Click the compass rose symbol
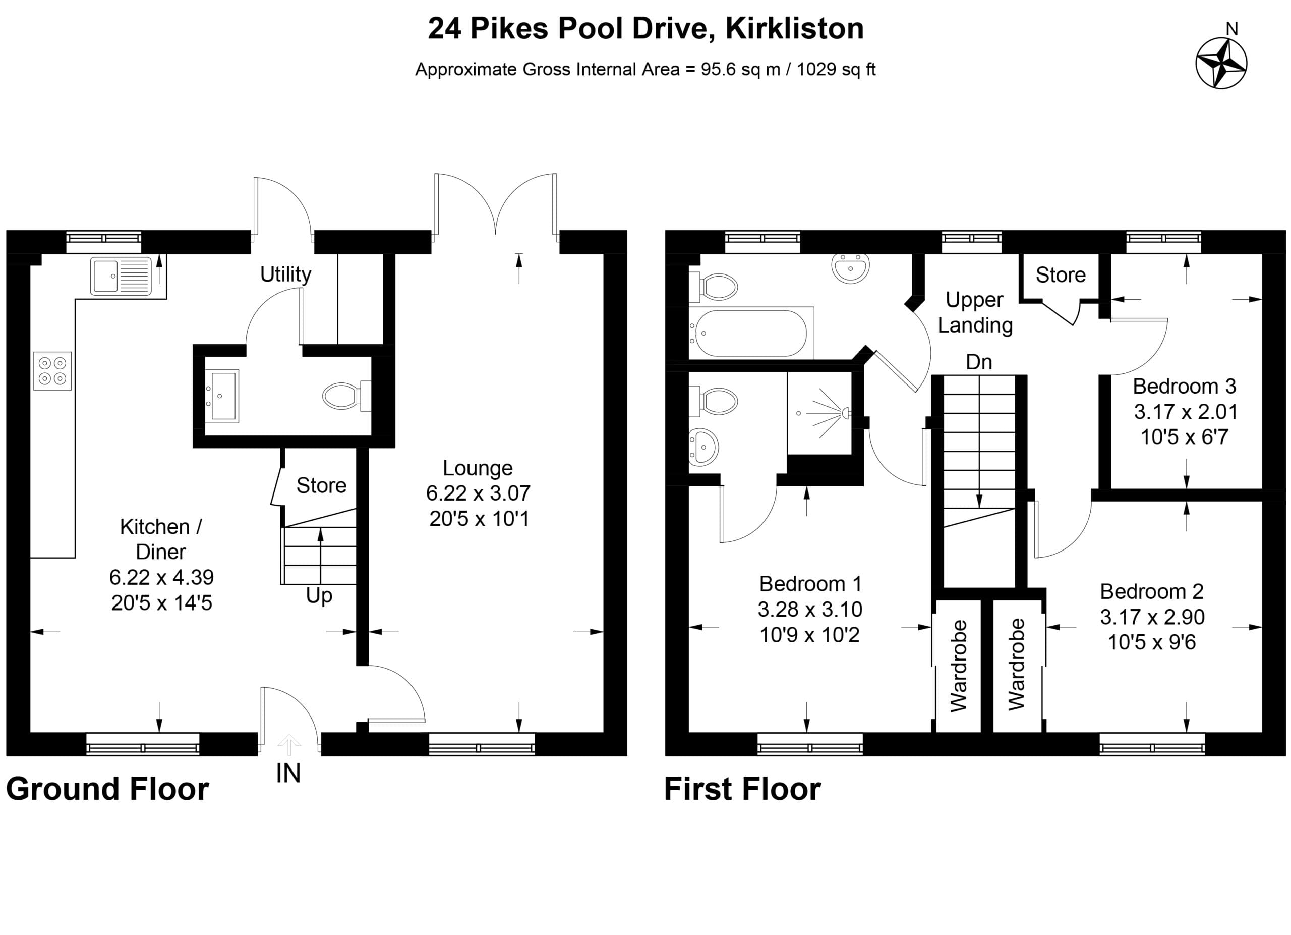coord(1221,63)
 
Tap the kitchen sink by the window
coord(121,276)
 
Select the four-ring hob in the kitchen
coord(52,371)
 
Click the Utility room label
coord(286,274)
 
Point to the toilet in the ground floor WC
coord(346,396)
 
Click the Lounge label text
coord(478,468)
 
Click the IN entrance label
coord(288,774)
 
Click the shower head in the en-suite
coord(846,413)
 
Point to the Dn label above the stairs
coord(979,362)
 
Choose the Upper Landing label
coord(975,313)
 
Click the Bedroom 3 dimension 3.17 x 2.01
coord(1186,412)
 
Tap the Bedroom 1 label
coord(810,584)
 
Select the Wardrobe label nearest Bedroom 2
coord(1016,665)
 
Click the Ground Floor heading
coord(107,789)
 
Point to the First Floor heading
coord(742,789)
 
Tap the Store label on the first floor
coord(1061,275)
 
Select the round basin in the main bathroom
coord(850,267)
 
